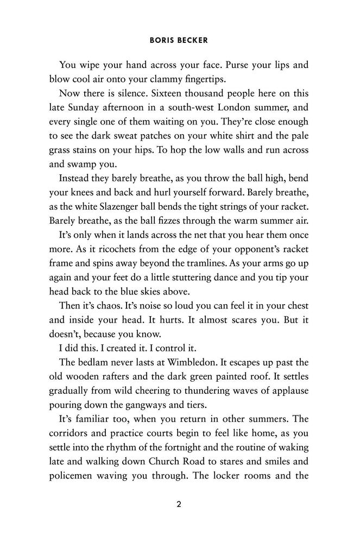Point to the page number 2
(x=179, y=503)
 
